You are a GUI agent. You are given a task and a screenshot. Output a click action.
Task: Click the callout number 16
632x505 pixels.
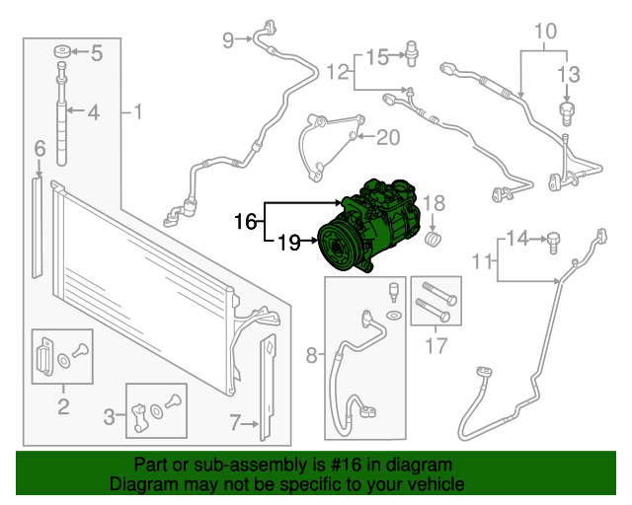click(245, 222)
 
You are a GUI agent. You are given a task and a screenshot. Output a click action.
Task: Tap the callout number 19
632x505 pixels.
click(288, 241)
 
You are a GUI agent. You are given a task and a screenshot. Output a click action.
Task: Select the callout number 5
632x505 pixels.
click(97, 53)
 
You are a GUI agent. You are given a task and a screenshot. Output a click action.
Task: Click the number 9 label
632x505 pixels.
click(228, 39)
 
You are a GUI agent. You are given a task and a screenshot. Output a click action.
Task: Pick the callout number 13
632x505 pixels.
click(567, 73)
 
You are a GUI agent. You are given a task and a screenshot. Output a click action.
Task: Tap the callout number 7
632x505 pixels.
click(234, 424)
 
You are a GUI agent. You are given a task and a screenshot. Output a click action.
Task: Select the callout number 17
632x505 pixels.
click(435, 345)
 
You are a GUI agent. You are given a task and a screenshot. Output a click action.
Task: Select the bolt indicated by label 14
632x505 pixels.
click(553, 238)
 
